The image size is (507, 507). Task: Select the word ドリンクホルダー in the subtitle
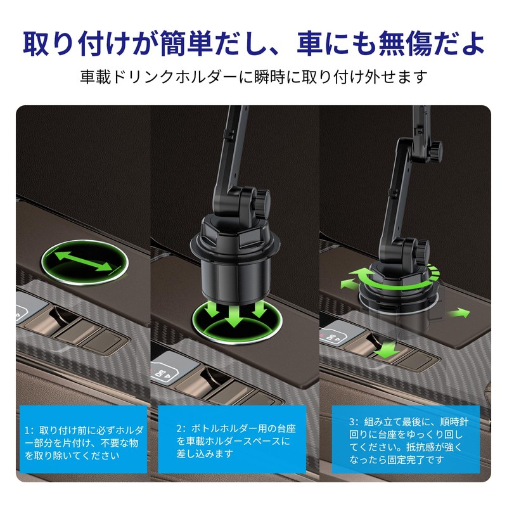point(169,77)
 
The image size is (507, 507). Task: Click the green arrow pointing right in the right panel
point(461,313)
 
